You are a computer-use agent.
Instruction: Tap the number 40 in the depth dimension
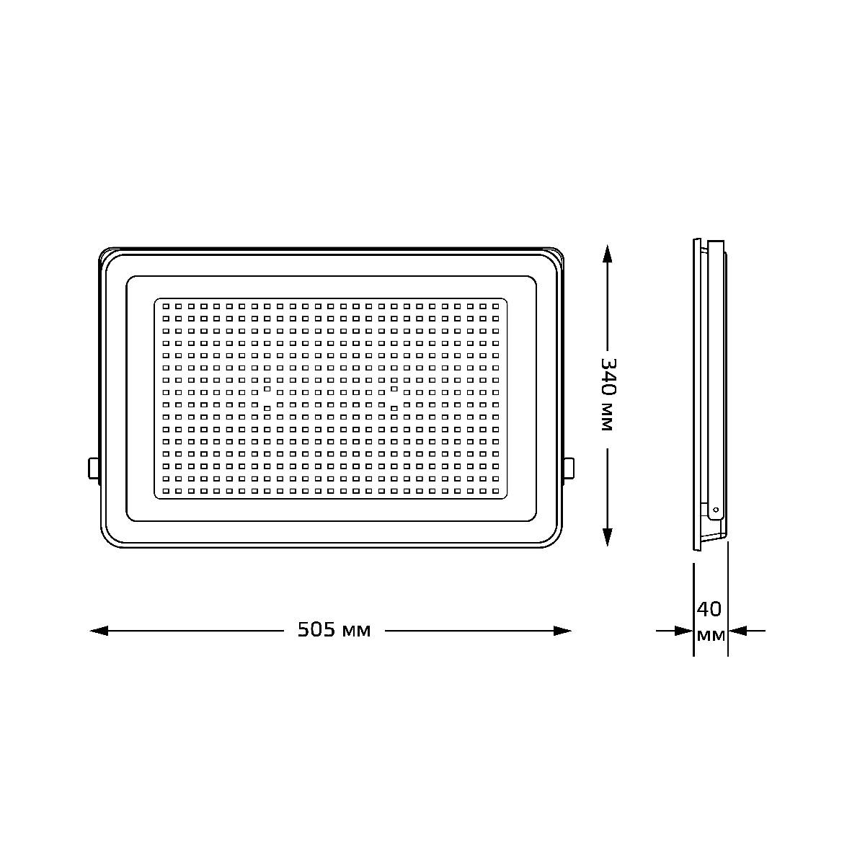tap(709, 610)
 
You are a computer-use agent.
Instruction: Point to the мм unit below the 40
tap(711, 636)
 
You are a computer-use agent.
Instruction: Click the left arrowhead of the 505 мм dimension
tap(99, 631)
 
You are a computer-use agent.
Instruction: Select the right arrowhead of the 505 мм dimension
tap(562, 631)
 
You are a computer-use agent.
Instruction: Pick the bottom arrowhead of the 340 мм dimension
tap(607, 536)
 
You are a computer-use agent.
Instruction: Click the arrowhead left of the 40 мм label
tap(683, 631)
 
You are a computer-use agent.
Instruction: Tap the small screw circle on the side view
tap(715, 510)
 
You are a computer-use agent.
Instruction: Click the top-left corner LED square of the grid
tap(166, 306)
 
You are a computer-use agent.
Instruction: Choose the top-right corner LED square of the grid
tap(496, 306)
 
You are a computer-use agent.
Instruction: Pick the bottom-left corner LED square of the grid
tap(166, 490)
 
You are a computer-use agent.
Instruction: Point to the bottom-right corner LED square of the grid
tap(496, 490)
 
